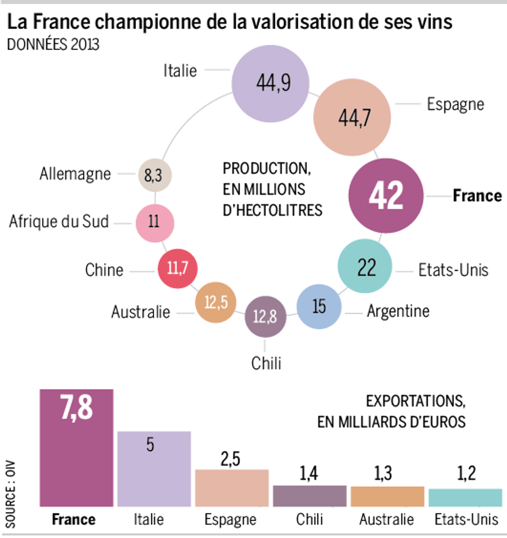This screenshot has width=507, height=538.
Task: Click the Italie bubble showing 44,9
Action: click(x=270, y=84)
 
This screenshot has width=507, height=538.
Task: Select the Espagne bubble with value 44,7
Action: click(x=352, y=117)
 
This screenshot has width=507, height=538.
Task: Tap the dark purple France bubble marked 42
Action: click(x=386, y=196)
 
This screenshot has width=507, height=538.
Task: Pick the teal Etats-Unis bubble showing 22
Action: click(x=365, y=266)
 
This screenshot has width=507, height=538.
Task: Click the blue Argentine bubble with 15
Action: click(x=319, y=307)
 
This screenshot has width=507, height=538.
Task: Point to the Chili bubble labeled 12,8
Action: click(x=265, y=316)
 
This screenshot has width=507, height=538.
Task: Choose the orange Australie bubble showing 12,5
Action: click(x=216, y=302)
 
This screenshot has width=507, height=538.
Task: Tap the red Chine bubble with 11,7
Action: click(x=178, y=268)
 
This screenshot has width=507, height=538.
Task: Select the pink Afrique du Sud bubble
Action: click(x=155, y=223)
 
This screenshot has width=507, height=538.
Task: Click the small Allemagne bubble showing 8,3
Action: click(x=155, y=175)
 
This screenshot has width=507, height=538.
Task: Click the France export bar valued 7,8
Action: click(x=76, y=448)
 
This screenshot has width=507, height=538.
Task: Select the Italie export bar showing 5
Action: click(x=154, y=469)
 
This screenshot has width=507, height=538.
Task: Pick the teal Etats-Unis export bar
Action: click(x=465, y=498)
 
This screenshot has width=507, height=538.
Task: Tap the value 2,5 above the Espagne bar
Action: click(x=230, y=459)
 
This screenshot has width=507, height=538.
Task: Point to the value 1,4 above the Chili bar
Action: click(x=308, y=474)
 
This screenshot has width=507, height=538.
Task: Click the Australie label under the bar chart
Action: click(x=386, y=519)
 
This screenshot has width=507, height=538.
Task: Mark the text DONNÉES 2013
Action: click(x=53, y=45)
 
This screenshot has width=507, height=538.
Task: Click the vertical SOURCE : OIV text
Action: click(x=10, y=494)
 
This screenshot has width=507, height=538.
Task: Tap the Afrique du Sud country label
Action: click(x=59, y=222)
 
